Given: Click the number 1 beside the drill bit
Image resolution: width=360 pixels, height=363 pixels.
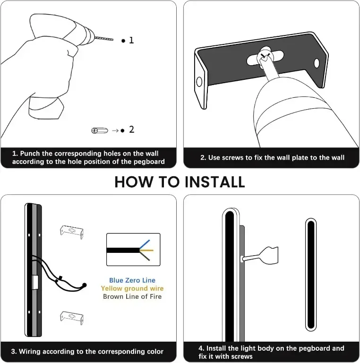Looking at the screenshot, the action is (x=131, y=40).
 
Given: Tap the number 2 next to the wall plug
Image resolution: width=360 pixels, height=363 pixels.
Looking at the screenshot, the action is (x=132, y=130).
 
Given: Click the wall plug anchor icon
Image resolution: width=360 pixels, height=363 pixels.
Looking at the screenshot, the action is (x=100, y=130).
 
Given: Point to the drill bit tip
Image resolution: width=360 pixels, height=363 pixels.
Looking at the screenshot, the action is (x=113, y=40).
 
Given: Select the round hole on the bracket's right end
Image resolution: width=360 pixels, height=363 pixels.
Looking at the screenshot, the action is (x=316, y=63).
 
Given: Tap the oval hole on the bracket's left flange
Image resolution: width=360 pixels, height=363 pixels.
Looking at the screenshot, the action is (x=199, y=82).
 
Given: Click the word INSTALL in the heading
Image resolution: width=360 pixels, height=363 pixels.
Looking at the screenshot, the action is (x=214, y=182).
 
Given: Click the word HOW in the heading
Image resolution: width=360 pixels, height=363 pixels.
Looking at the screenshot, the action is (x=134, y=182).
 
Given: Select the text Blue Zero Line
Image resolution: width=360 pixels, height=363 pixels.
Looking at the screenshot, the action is (x=132, y=280).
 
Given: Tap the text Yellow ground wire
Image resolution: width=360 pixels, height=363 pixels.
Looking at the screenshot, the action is (x=132, y=288).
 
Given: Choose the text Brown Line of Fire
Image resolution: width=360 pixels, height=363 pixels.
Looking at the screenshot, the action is (x=132, y=296).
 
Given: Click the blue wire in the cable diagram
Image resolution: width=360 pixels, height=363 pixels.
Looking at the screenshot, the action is (x=145, y=244).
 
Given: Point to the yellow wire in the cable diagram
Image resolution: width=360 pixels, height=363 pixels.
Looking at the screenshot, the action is (x=146, y=250).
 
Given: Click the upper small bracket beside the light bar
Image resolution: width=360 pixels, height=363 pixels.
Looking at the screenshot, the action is (x=72, y=232).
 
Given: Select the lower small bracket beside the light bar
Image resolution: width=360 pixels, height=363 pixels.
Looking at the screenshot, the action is (x=72, y=318).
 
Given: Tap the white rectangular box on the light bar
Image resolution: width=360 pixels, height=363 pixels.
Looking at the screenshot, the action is (x=35, y=283).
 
